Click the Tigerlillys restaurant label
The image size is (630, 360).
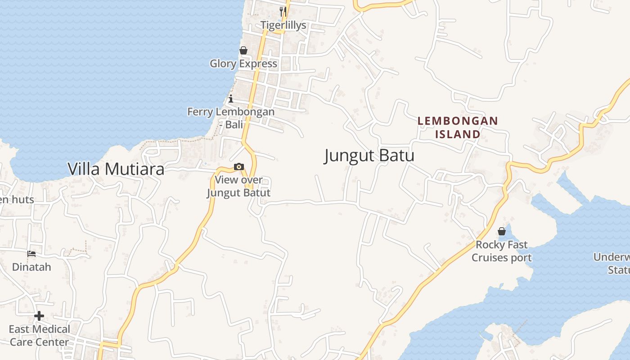click(x=283, y=25)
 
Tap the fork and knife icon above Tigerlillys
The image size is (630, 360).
click(x=283, y=11)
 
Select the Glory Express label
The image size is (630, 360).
click(x=243, y=63)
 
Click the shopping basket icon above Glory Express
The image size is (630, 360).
click(x=243, y=50)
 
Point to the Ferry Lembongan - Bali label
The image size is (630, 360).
click(x=231, y=118)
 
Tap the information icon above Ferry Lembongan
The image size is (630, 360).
click(x=231, y=99)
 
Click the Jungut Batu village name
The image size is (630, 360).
click(x=369, y=156)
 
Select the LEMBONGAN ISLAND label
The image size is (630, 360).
click(x=458, y=127)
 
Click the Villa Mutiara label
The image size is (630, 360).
click(x=116, y=169)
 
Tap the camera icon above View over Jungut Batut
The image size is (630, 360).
click(x=239, y=167)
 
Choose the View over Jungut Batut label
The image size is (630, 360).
click(x=238, y=186)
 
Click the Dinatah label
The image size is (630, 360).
click(x=31, y=267)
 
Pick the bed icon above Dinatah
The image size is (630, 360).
click(x=31, y=254)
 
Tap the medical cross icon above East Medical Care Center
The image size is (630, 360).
click(x=39, y=316)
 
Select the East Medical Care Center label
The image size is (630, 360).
click(x=39, y=336)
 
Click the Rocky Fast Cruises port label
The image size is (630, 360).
click(x=502, y=251)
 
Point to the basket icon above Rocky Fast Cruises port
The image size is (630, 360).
click(x=502, y=232)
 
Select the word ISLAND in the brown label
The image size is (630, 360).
click(x=458, y=134)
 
